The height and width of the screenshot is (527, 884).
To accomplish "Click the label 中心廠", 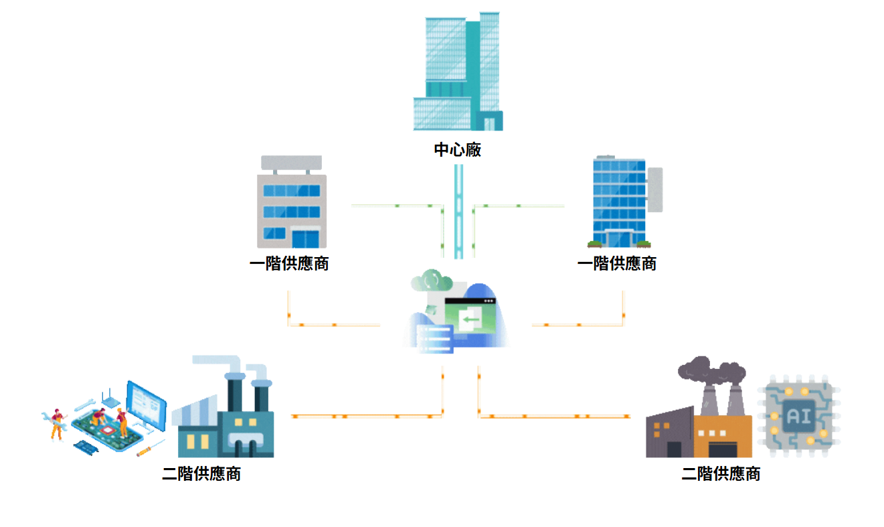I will coord(458,150).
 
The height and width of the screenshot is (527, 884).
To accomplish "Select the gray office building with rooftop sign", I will coord(292,204).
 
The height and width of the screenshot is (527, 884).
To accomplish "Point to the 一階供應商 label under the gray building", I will coord(289,264).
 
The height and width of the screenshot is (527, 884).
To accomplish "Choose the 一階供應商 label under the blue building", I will coord(617,264).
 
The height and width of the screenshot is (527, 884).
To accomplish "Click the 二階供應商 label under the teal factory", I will coord(201,475).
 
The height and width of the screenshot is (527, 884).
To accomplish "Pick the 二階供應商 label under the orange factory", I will coord(721,475).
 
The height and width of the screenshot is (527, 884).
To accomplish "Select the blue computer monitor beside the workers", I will coord(147,404).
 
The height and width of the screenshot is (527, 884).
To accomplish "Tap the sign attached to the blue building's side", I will coord(655,190).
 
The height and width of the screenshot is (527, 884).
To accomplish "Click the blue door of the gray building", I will coord(305,238).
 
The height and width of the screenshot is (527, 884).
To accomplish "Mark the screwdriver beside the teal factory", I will coord(151,448).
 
